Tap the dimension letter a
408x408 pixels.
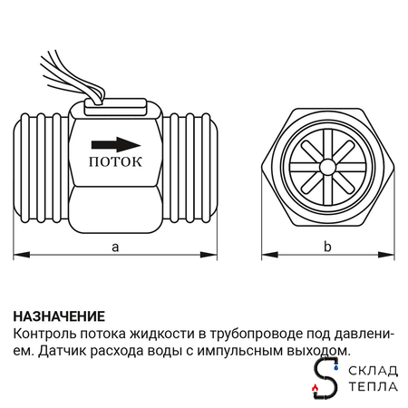click(x=114, y=246)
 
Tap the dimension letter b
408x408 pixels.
click(x=327, y=247)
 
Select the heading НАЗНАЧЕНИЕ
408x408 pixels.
click(x=60, y=316)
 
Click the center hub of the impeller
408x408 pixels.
click(x=326, y=168)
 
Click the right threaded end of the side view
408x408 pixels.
click(x=191, y=168)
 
